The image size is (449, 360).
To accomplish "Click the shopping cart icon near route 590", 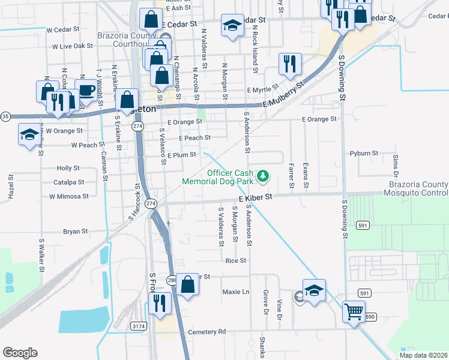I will point(354,311).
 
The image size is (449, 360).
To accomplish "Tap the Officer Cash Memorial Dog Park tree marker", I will point(262,176).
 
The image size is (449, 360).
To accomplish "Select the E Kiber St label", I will point(255,197).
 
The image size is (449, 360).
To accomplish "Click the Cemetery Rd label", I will point(206,332).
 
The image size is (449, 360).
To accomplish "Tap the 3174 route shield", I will point(139,326).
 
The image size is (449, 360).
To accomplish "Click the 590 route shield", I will point(370,316).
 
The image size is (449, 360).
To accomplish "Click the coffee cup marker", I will point(86,89).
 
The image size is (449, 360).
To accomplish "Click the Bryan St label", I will point(76,231).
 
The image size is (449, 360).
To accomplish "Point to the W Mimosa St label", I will point(69,196).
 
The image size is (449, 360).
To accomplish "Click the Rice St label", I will point(236,261).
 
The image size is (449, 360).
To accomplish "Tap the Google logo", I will point(20,353).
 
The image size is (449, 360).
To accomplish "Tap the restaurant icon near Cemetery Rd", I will point(159,302).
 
